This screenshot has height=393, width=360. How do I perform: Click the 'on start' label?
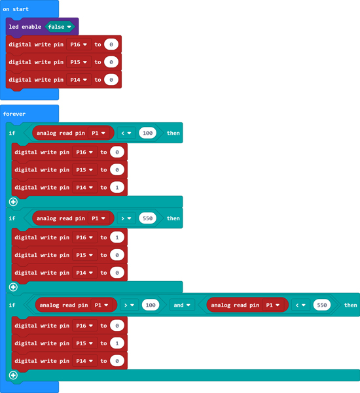tap(16, 9)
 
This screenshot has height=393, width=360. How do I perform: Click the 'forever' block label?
tap(14, 114)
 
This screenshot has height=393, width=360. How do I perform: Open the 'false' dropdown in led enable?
tap(60, 27)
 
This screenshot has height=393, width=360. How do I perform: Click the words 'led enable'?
tap(25, 27)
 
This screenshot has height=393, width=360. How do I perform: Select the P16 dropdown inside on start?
tap(79, 44)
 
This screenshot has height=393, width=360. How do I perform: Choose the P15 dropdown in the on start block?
tap(79, 62)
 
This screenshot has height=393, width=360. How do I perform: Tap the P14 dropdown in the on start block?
tap(79, 80)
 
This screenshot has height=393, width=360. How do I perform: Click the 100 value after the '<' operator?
tap(147, 133)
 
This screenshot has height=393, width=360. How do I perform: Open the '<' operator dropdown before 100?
tap(126, 133)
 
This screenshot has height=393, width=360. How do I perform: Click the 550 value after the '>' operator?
tap(147, 218)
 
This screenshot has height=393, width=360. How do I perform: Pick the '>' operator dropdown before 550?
tap(126, 218)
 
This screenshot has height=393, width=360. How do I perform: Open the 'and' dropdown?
tap(182, 305)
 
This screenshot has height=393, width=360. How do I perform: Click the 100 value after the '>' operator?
tap(151, 305)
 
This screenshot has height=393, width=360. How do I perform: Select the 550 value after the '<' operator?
tap(322, 305)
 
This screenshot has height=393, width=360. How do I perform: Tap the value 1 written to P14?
tap(117, 188)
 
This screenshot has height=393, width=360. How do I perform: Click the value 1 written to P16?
tap(117, 237)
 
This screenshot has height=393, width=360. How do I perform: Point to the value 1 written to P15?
tap(117, 343)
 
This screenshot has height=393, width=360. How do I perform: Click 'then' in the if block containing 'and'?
tap(350, 305)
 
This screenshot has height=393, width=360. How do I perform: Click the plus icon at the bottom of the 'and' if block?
tap(13, 375)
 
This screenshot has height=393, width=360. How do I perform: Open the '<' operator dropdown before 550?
tap(300, 305)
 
